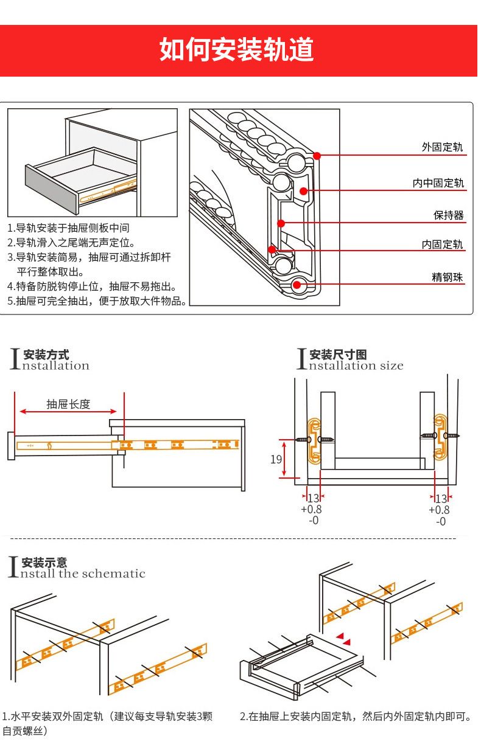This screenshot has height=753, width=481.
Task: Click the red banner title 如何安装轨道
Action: click(x=237, y=50)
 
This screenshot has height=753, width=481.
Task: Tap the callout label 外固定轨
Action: click(x=442, y=147)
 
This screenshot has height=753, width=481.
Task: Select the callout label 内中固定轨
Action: click(x=438, y=183)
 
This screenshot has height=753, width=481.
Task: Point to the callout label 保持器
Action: click(x=449, y=215)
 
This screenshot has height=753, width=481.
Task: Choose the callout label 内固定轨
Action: click(x=442, y=245)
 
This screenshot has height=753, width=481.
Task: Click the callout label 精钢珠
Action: click(x=448, y=277)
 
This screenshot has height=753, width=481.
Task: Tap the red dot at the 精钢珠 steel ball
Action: click(x=298, y=285)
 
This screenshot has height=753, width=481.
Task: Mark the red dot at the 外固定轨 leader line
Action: click(x=317, y=156)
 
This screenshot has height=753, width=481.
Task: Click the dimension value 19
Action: click(x=276, y=459)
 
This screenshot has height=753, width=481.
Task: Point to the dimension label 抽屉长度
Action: click(x=69, y=404)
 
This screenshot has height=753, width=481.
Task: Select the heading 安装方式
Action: click(x=46, y=355)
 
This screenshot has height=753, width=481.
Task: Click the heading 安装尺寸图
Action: click(x=338, y=355)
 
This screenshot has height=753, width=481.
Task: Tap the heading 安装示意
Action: click(x=44, y=563)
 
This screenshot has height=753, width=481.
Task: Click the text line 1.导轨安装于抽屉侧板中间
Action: click(x=68, y=228)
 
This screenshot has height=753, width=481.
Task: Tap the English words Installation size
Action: click(x=356, y=366)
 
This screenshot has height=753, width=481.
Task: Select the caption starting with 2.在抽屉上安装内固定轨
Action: click(x=356, y=717)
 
